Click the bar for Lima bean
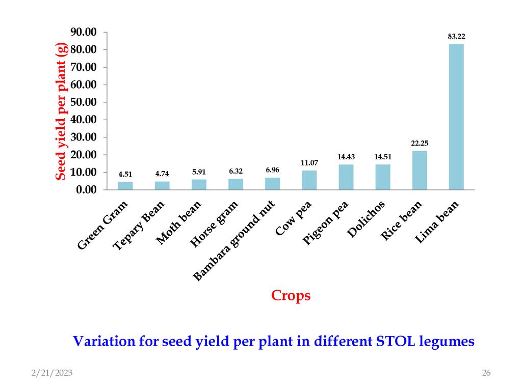tap(456, 117)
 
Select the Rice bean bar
tap(420, 171)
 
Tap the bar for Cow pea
tap(309, 180)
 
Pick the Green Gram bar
tap(125, 186)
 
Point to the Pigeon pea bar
tap(346, 177)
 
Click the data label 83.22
tap(456, 36)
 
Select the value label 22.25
tap(420, 143)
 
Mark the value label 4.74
tap(162, 174)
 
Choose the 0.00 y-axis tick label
tap(87, 190)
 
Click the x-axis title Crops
tap(291, 295)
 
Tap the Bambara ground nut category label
tap(235, 241)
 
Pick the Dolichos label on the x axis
tap(366, 219)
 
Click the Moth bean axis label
tap(179, 222)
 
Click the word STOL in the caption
tap(396, 341)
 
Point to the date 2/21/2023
tap(51, 373)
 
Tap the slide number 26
tap(486, 373)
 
